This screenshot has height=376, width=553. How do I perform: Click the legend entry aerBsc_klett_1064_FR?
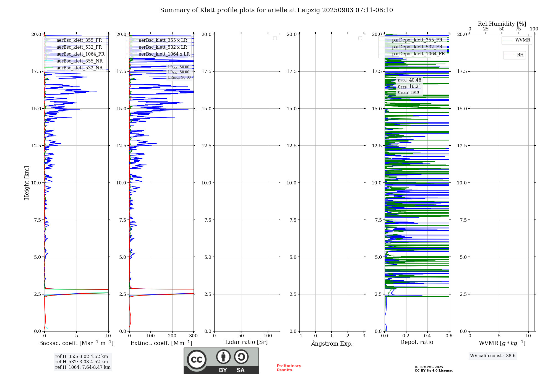coord(80,54)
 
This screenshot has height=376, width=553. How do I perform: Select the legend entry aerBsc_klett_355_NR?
coord(79,61)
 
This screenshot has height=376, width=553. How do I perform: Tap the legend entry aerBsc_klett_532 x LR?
coord(163,47)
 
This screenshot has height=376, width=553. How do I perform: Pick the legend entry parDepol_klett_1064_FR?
coord(418,54)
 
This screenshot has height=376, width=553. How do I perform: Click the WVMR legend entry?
coord(522,40)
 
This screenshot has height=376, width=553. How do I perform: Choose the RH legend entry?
coord(520,55)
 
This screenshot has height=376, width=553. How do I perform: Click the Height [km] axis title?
coord(27,183)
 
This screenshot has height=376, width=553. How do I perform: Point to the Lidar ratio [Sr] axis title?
coord(246,342)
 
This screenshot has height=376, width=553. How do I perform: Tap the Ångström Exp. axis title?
coord(332,343)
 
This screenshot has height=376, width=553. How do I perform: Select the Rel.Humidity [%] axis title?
coord(502,24)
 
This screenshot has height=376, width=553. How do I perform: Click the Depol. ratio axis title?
coord(416,342)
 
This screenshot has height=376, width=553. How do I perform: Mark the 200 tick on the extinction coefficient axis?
coord(172,336)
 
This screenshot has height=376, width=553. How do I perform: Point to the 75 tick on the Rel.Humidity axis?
coord(518,29)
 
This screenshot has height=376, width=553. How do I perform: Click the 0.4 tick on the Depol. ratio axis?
coord(427,336)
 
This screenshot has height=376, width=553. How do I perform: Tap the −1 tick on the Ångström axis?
coord(299,336)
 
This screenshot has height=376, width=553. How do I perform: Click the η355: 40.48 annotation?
coord(409,80)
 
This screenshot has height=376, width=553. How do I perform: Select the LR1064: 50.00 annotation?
coord(179,77)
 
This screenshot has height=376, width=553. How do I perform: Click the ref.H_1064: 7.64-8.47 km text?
coord(83,367)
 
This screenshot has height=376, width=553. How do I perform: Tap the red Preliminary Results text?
coord(289,368)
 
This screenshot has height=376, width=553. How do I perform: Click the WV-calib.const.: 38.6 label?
coord(493,356)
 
